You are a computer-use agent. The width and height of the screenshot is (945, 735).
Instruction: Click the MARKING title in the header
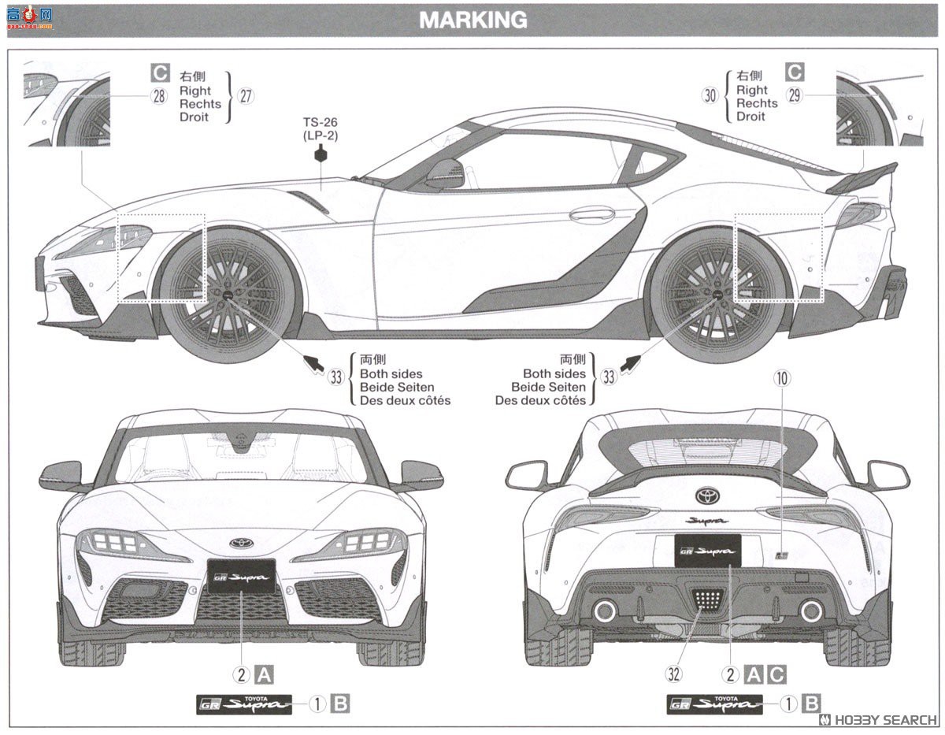point(472,20)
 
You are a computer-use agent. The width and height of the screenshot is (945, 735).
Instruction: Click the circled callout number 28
point(160,96)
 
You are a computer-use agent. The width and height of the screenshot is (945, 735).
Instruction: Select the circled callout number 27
point(246,96)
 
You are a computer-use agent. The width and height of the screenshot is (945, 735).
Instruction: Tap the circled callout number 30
point(711,95)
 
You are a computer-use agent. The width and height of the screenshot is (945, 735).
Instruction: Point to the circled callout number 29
point(795,95)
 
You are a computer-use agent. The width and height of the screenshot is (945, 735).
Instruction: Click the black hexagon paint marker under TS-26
point(321,154)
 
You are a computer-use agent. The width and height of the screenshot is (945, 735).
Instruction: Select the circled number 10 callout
point(781,378)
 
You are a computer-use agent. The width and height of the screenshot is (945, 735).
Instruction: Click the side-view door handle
point(592,213)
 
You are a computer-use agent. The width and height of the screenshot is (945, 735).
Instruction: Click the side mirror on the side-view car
point(446,174)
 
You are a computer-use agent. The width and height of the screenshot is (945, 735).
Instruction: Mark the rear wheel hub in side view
point(717,293)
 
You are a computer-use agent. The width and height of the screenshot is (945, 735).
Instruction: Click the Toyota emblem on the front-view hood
point(241,543)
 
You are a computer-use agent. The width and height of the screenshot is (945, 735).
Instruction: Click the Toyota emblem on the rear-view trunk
point(707,496)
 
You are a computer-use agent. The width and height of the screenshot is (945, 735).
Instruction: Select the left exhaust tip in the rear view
point(605,611)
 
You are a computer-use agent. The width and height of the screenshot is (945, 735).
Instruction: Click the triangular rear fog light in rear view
point(707,600)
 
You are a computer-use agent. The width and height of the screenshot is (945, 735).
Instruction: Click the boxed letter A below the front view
point(265,674)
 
